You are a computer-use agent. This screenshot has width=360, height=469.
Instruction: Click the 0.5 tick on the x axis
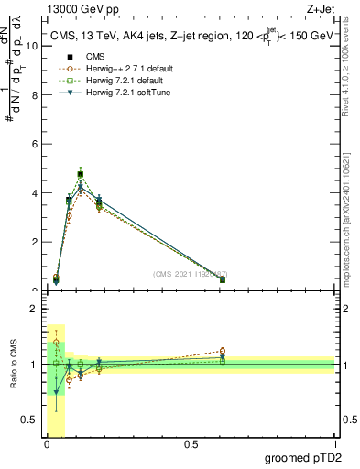coord(191,444)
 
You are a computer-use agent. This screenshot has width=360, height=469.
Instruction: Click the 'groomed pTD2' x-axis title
coord(306,458)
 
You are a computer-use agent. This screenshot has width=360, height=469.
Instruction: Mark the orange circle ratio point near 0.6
coord(223,351)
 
